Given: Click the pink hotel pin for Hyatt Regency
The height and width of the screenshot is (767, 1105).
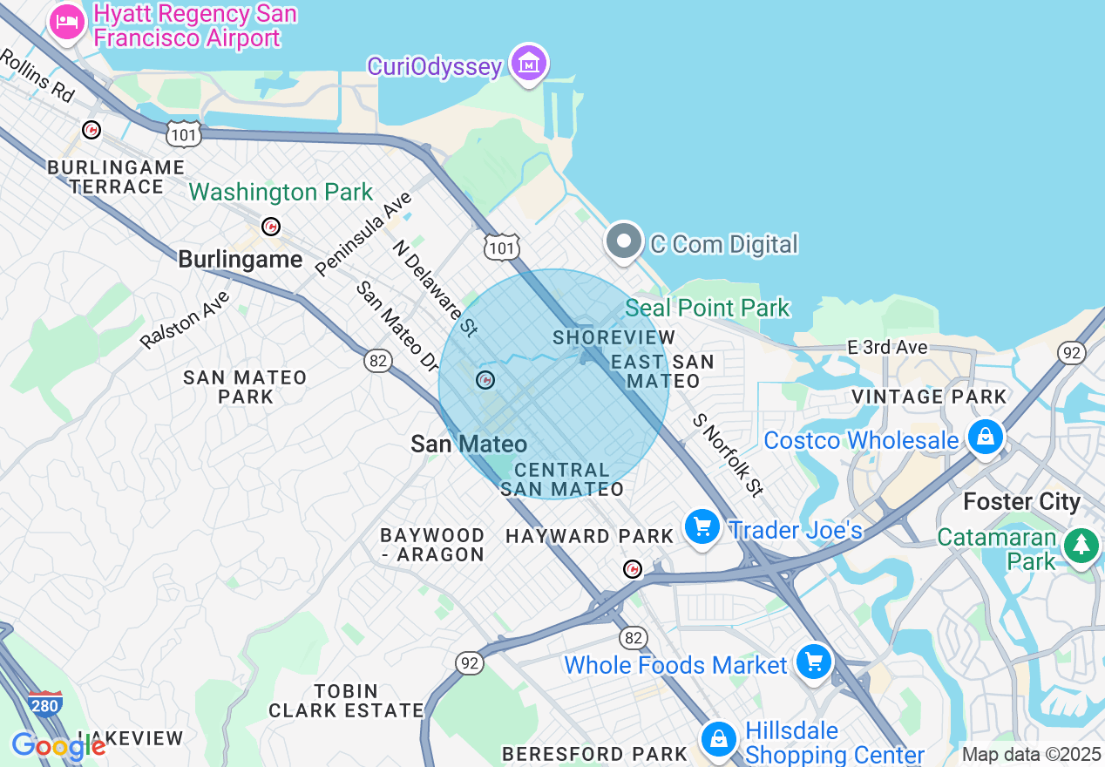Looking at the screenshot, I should click(x=67, y=22).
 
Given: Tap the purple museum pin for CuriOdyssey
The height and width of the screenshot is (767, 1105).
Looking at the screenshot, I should click(x=528, y=64).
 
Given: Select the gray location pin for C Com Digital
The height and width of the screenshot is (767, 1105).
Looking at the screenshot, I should click(x=624, y=241).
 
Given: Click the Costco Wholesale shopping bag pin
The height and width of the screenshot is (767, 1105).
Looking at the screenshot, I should click(x=985, y=436).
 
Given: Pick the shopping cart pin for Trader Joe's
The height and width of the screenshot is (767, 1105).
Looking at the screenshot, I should click(x=702, y=527).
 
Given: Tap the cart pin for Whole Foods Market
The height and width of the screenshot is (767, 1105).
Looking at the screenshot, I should click(x=813, y=662).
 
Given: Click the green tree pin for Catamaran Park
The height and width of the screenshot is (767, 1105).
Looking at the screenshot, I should click(x=1081, y=546).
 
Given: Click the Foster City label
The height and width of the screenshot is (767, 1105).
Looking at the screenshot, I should click(x=1021, y=502).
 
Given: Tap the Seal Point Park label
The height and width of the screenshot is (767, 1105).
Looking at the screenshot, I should click(x=708, y=308).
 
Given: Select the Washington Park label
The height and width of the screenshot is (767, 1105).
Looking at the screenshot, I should click(x=281, y=192).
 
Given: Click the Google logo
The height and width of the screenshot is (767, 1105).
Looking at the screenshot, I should click(x=58, y=746).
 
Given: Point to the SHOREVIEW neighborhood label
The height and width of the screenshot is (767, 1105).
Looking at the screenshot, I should click(x=614, y=337).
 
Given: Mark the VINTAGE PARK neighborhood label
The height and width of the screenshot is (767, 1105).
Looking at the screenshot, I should click(x=929, y=397).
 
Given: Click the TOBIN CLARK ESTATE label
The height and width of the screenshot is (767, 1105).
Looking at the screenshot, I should click(x=346, y=701).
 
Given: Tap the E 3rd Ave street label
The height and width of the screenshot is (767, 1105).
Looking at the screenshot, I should click(x=887, y=347).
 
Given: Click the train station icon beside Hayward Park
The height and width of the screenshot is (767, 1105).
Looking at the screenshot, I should click(x=633, y=569).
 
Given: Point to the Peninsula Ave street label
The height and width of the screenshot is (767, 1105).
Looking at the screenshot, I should click(x=364, y=234).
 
